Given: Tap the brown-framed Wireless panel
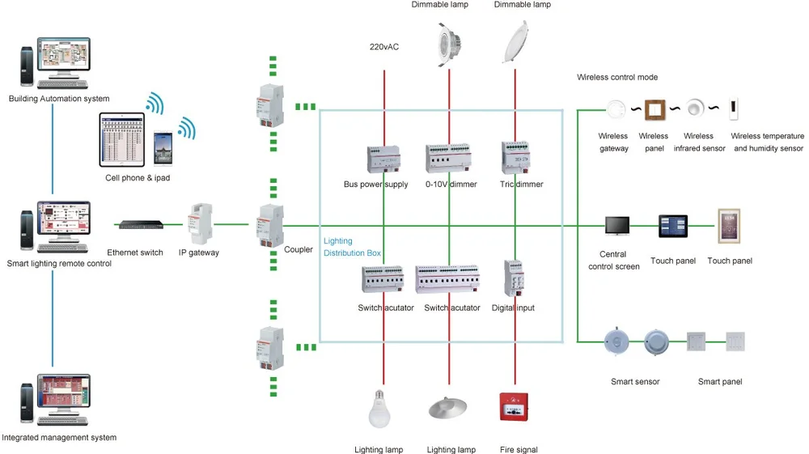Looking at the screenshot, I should (x=654, y=108).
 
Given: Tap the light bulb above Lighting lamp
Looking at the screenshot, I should (x=379, y=407).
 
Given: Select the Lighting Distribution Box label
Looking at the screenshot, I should (x=352, y=247).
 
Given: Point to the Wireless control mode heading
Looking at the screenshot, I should (x=617, y=78).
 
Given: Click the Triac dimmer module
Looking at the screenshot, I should (x=515, y=157).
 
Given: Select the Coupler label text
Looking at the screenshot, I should (x=298, y=250).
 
